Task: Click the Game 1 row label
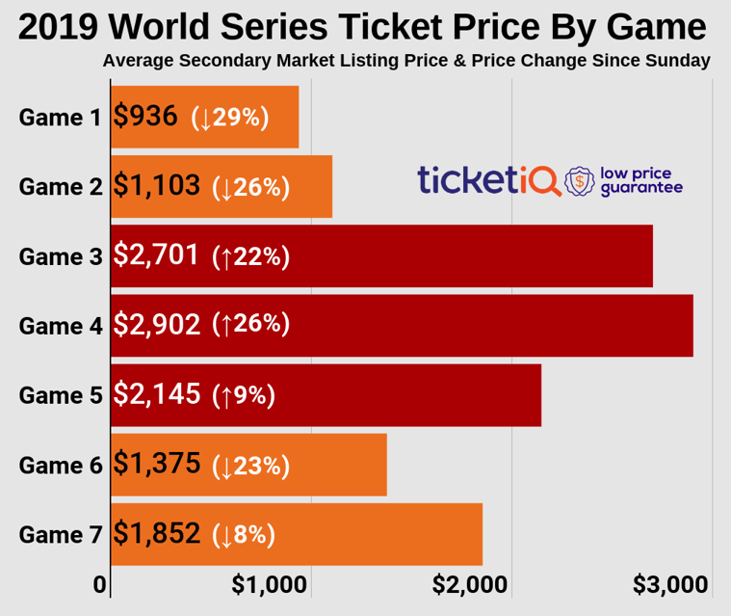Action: click(60, 118)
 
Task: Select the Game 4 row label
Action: click(60, 326)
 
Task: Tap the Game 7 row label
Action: click(60, 534)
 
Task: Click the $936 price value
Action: click(145, 117)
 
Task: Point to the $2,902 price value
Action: click(157, 325)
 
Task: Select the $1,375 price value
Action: click(157, 464)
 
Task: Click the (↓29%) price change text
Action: click(230, 118)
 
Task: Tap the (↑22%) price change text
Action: click(251, 256)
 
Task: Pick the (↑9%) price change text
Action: click(245, 395)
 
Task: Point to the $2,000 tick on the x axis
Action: click(470, 585)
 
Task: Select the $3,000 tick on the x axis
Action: click(670, 585)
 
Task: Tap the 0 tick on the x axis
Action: click(99, 585)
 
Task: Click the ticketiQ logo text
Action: click(487, 179)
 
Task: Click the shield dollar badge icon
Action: click(579, 179)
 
